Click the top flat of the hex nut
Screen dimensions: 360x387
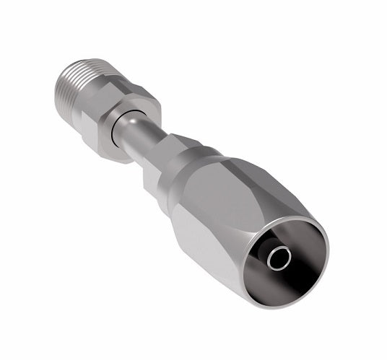point(126,100)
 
